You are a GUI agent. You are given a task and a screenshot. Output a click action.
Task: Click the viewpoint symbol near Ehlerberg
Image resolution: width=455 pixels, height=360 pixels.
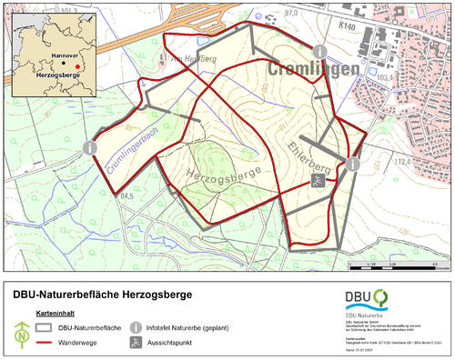(315, 182)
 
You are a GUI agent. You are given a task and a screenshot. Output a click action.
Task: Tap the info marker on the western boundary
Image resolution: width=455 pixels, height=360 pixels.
(88, 146)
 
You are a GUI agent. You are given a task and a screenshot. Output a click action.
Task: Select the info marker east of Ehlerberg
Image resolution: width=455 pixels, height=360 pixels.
(352, 164)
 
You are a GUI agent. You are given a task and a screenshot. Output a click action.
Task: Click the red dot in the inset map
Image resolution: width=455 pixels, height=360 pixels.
(77, 65)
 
